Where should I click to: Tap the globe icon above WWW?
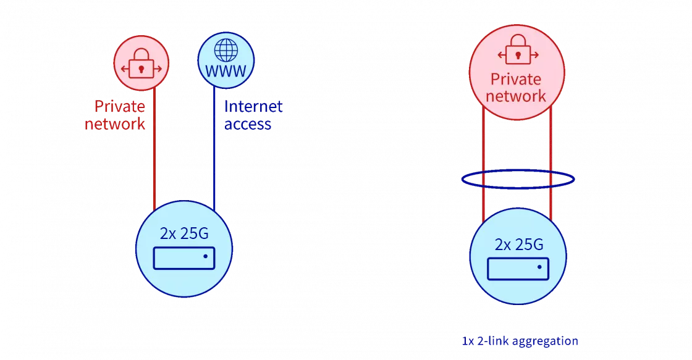(226, 49)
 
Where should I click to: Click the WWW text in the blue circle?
(226, 71)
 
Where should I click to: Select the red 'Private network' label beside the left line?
(117, 115)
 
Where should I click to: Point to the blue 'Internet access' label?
(252, 115)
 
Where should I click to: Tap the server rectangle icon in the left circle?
(184, 257)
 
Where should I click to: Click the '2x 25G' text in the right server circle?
(519, 245)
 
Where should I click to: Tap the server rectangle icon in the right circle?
(518, 269)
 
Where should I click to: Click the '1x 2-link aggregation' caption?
(520, 341)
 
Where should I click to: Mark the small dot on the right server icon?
(539, 268)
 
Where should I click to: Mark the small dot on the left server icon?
(206, 256)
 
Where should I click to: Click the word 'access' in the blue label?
(248, 123)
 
